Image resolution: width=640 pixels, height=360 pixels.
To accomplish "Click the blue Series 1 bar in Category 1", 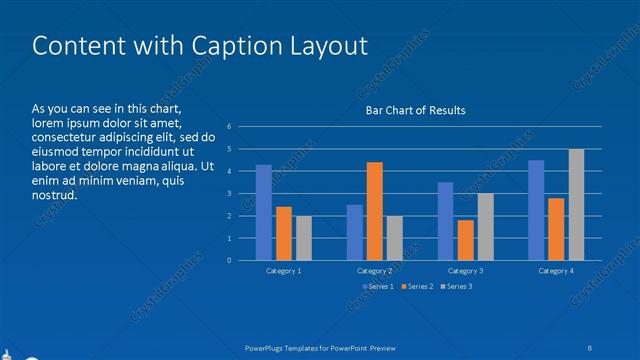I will point(264,213).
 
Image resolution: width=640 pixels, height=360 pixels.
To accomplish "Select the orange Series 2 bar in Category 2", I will point(375,211).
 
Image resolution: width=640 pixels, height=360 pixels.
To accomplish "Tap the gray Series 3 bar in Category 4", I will point(577,205).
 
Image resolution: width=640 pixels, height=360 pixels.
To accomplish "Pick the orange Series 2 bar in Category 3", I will point(465,240).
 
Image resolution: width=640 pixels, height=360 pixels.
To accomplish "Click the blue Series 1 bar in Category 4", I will point(536,210).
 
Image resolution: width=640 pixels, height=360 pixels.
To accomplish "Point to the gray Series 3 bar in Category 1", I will point(304,238).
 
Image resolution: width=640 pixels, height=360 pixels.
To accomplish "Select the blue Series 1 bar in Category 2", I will point(355,232).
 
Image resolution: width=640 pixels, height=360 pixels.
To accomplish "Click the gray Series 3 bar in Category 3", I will point(485,227).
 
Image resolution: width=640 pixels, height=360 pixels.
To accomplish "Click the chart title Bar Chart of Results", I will point(414,110).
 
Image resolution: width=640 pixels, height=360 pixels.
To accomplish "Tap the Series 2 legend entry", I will point(417,287).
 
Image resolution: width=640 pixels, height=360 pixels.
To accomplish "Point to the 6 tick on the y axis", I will point(230,127).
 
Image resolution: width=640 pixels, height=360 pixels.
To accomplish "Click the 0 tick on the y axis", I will point(230,260).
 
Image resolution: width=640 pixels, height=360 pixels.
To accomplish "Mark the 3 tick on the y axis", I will point(230,194).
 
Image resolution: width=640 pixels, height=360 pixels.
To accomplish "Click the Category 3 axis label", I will point(465,271).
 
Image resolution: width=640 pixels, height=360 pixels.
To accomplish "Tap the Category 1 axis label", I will point(284,271).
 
